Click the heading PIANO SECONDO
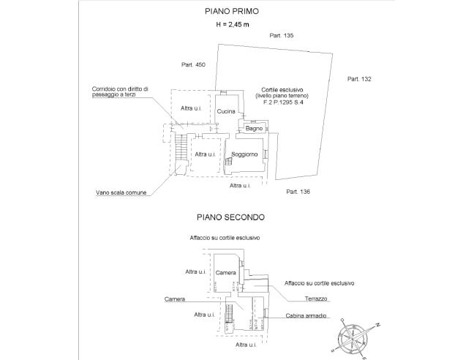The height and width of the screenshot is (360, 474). click(x=230, y=217)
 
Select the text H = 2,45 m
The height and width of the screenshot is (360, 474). click(x=230, y=25)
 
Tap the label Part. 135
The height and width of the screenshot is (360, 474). click(x=281, y=36)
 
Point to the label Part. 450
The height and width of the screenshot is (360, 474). click(x=194, y=65)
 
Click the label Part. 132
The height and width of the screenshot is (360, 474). click(x=360, y=78)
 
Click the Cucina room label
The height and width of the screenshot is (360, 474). click(x=226, y=111)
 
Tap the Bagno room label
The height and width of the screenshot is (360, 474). click(x=254, y=129)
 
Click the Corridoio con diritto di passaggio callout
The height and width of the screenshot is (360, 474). click(x=120, y=92)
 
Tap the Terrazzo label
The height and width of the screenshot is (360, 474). click(x=317, y=299)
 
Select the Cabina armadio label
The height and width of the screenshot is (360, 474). click(x=307, y=318)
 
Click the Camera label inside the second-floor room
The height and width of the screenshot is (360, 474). click(x=226, y=272)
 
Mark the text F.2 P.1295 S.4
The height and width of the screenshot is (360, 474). click(x=283, y=103)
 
